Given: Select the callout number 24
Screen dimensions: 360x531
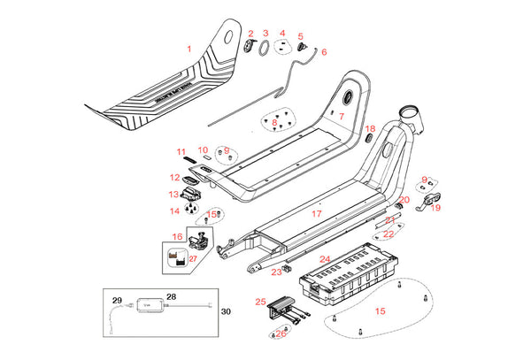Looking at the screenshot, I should point(325,259).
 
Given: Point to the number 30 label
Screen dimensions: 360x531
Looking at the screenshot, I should point(225,311).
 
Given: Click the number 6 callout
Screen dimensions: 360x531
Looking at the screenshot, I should point(323,52).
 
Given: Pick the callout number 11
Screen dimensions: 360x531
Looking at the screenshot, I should point(181,151).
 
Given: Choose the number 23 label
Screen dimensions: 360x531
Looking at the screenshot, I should point(276,272).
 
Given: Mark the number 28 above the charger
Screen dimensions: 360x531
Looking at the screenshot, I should point(171,296).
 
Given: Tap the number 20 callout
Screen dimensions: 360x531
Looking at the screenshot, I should point(404,200).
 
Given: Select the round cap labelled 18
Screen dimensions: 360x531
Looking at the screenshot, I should point(370,141).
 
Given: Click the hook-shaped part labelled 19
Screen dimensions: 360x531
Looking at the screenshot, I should point(429,205).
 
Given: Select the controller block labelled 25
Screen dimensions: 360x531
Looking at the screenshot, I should point(283,307).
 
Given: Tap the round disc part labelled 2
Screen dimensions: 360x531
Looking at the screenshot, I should point(249,46).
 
